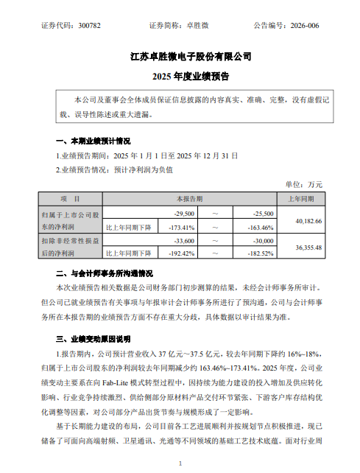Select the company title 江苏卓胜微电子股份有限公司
(x=180, y=56)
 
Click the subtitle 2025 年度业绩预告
(x=180, y=76)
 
